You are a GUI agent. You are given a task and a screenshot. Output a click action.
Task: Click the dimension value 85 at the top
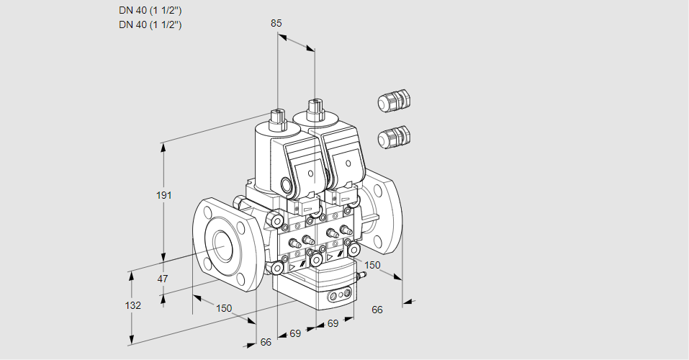click(x=276, y=23)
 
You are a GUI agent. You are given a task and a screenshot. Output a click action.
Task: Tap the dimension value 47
click(x=163, y=279)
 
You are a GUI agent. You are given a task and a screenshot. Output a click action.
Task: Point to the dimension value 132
click(x=133, y=305)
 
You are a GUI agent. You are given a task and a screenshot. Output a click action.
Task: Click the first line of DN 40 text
click(x=150, y=11)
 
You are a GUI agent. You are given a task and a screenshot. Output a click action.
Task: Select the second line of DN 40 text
click(x=150, y=24)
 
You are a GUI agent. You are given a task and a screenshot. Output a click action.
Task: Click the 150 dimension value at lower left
click(x=224, y=308)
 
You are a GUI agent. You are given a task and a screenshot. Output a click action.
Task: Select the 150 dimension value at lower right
click(x=371, y=265)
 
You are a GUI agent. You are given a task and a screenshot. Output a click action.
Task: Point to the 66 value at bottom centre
click(x=266, y=342)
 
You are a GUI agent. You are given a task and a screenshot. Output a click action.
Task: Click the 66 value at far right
click(x=377, y=310)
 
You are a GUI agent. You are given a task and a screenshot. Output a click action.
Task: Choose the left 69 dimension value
click(x=295, y=333)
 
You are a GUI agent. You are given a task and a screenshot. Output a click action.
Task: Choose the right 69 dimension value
click(x=333, y=324)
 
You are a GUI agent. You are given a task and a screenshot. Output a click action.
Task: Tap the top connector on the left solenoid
click(x=277, y=115)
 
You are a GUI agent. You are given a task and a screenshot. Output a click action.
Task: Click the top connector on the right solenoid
click(x=314, y=109)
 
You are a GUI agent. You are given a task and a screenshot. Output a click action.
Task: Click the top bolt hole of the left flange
click(x=209, y=212)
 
